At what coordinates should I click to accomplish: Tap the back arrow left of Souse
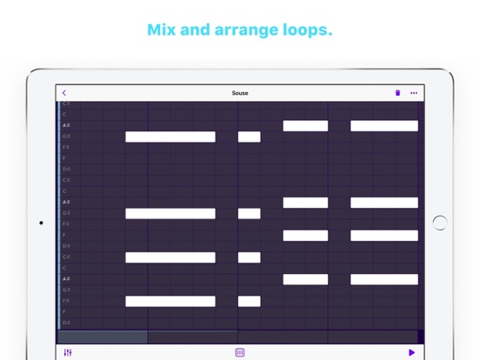[x=64, y=93]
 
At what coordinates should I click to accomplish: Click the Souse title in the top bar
[x=240, y=93]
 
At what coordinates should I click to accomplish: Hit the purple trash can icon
[x=398, y=93]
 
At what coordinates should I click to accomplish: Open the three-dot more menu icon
[x=414, y=93]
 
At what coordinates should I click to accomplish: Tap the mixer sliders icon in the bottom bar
[x=69, y=352]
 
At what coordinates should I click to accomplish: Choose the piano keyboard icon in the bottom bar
[x=240, y=352]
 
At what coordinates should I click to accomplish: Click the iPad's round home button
[x=440, y=223]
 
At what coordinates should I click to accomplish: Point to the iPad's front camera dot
[x=41, y=223]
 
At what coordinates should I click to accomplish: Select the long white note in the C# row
[x=170, y=257]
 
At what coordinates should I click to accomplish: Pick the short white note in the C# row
[x=250, y=257]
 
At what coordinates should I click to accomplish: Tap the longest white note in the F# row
[x=170, y=301]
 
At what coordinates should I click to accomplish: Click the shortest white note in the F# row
[x=250, y=301]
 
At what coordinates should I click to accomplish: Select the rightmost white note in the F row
[x=383, y=236]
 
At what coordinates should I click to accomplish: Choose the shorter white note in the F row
[x=305, y=236]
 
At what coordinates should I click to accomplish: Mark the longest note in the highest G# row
[x=170, y=137]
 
